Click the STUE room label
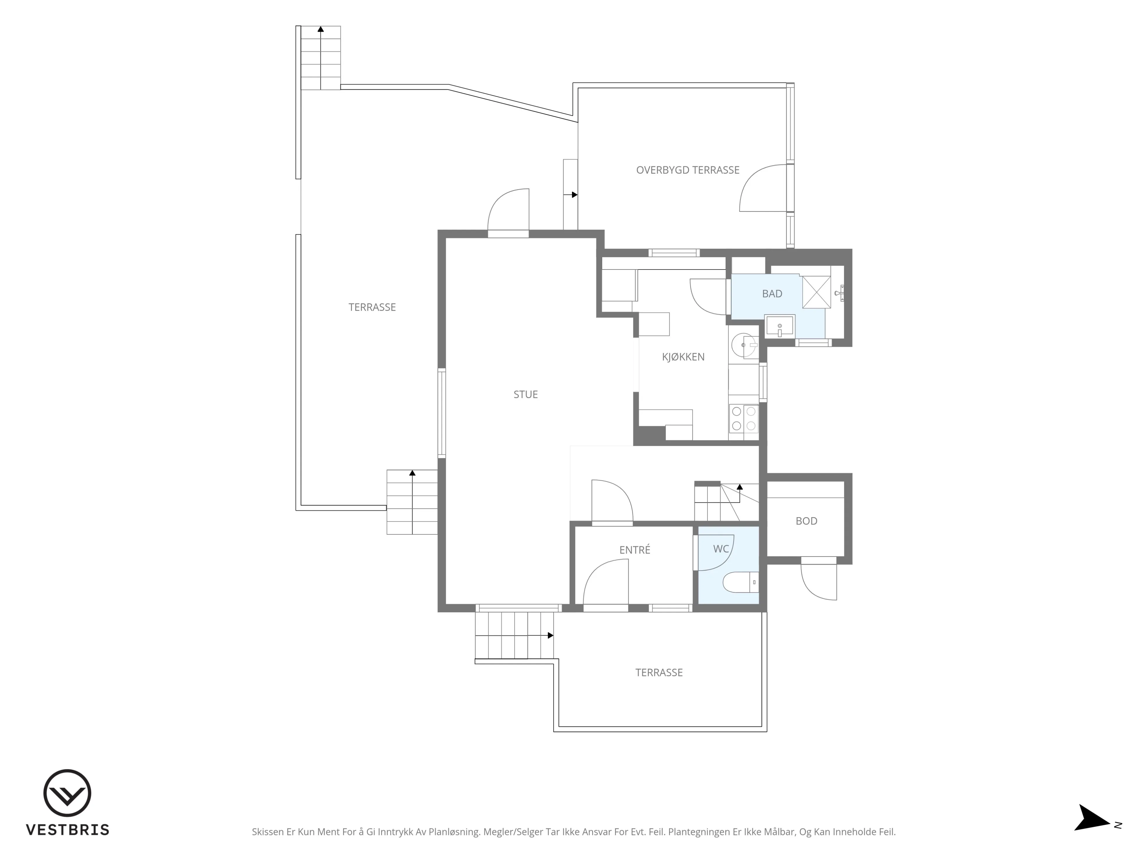[525, 395]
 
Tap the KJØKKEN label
[683, 357]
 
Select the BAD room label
[772, 294]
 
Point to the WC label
[721, 549]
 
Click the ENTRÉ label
[634, 550]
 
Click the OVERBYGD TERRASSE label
[688, 170]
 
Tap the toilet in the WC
[741, 582]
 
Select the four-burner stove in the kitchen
[743, 418]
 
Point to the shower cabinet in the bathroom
[816, 292]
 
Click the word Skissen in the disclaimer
[268, 832]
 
